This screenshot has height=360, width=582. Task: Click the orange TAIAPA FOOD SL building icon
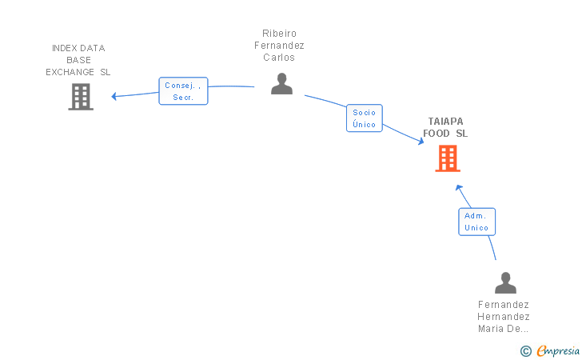[448, 158]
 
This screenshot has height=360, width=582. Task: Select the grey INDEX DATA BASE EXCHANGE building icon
[80, 97]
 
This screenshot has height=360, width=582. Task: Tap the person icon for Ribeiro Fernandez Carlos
[281, 84]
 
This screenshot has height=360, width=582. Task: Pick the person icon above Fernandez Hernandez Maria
[505, 283]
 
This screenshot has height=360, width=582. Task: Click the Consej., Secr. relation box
[183, 91]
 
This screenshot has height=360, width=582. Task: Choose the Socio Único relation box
[364, 118]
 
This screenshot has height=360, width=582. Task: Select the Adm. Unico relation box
[476, 222]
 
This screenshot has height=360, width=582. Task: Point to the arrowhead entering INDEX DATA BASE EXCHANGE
[115, 96]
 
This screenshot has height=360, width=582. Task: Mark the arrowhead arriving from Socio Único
[421, 142]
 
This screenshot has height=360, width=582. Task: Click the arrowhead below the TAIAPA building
[458, 188]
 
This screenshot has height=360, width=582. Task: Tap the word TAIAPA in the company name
[445, 122]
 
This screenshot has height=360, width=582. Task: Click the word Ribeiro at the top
[279, 34]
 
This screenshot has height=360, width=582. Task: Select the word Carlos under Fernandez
[279, 58]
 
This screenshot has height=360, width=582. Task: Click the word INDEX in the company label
[64, 48]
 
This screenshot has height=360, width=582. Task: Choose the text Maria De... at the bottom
[504, 329]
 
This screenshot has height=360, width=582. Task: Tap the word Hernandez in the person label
[504, 317]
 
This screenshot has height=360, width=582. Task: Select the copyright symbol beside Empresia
[525, 350]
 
